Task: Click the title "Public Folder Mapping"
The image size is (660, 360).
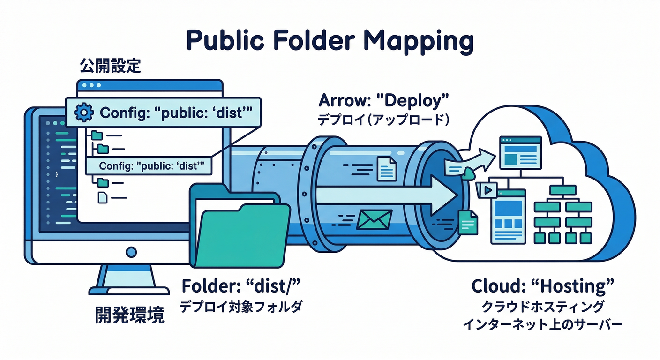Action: point(330,42)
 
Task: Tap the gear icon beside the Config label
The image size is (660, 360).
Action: point(84,112)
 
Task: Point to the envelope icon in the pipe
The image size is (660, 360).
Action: point(374,219)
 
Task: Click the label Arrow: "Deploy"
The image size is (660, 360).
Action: point(383,100)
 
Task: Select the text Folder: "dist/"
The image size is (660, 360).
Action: point(241,285)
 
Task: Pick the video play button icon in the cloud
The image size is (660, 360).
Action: point(487,190)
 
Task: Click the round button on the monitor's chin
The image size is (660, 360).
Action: point(132,252)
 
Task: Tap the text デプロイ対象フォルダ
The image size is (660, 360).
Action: point(241,307)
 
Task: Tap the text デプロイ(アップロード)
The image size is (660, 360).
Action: point(383,120)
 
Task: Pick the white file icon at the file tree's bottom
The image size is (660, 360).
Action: point(103,198)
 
